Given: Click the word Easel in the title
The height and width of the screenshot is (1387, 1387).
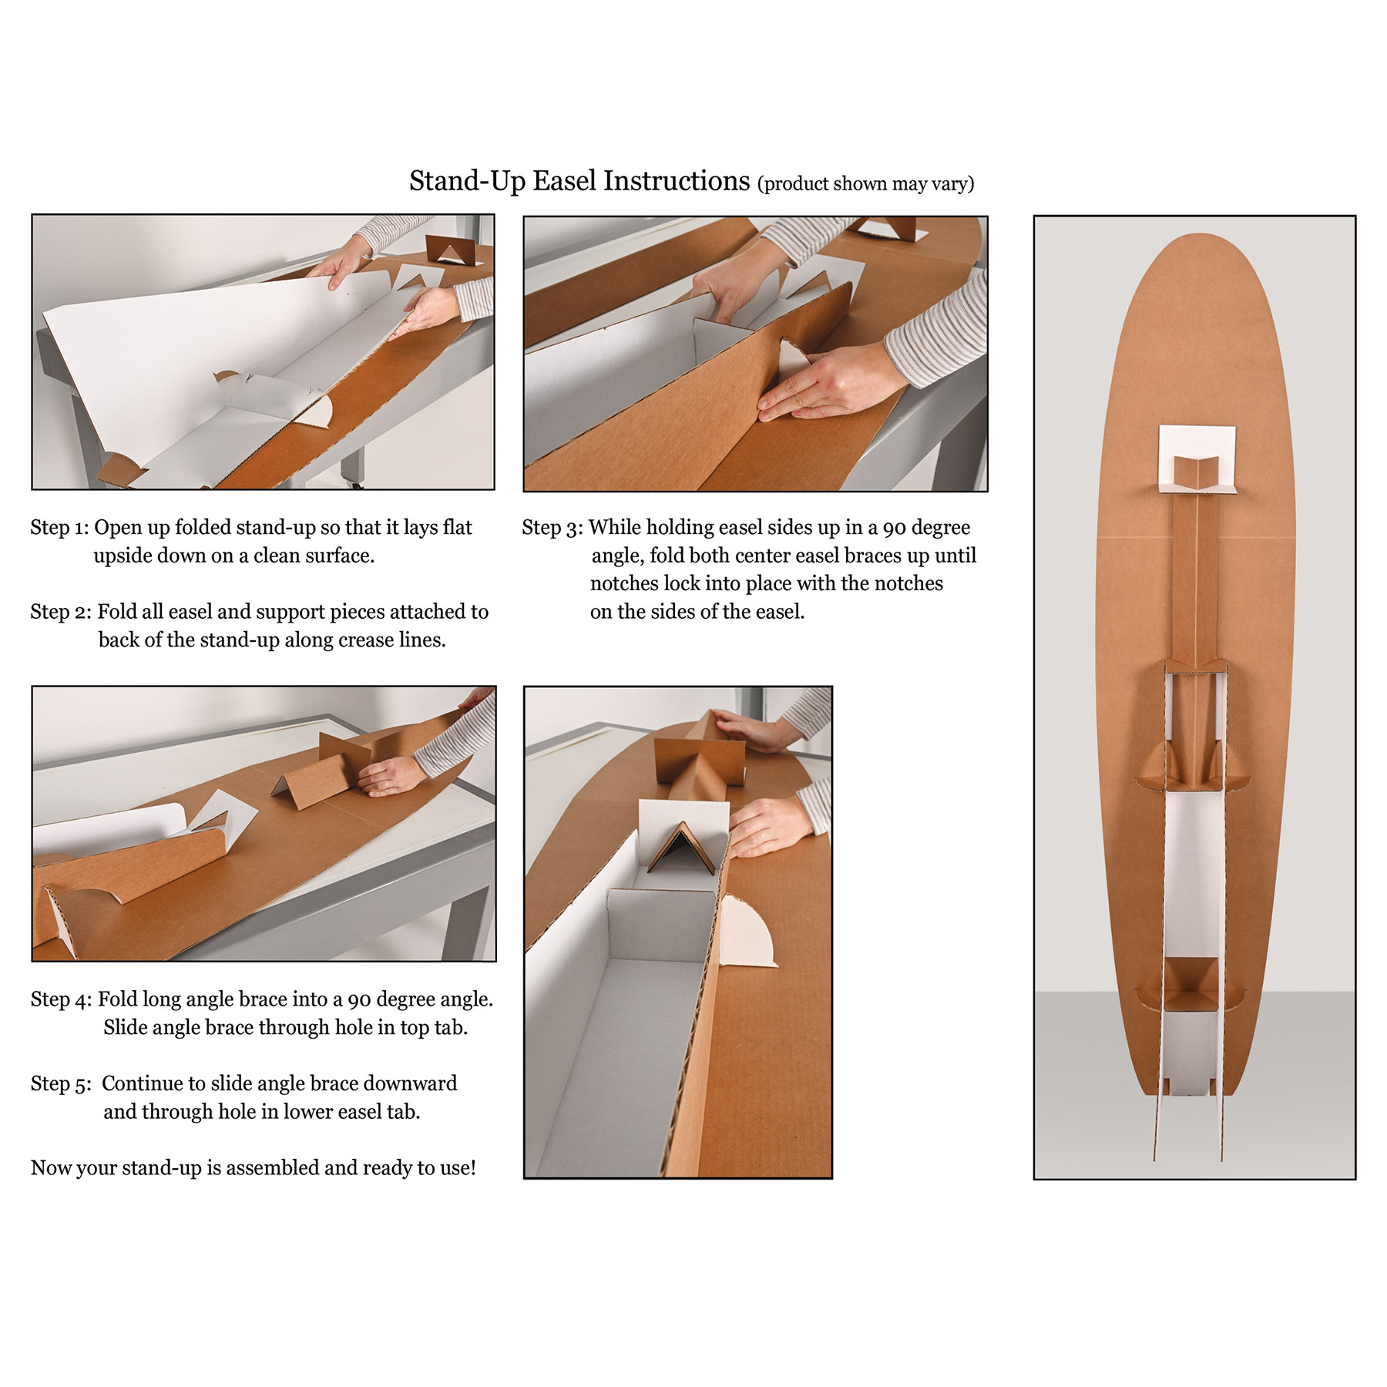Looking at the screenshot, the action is (x=565, y=181).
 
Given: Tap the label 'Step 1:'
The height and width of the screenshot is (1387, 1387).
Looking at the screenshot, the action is (x=59, y=528).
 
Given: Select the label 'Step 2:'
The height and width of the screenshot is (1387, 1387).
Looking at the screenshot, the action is (x=61, y=612).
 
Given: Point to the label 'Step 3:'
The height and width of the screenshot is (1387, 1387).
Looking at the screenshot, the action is (x=552, y=528).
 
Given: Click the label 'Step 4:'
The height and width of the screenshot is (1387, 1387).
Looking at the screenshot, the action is (x=61, y=999).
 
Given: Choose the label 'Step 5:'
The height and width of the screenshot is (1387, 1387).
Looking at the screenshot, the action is (x=61, y=1084).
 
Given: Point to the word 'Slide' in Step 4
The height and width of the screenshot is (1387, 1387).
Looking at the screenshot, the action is (x=127, y=1027).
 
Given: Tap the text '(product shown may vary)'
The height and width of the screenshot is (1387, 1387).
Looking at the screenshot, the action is (x=866, y=184).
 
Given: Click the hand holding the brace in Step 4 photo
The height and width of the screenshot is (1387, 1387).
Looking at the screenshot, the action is (x=393, y=774).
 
